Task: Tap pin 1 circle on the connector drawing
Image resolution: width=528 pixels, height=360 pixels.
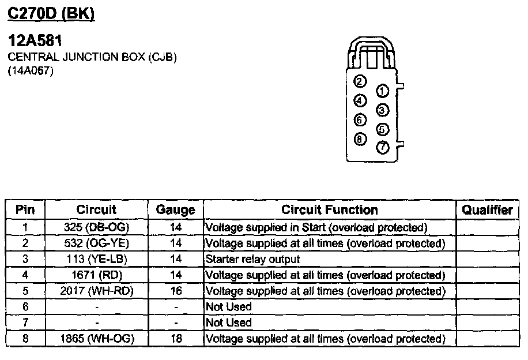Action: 382,91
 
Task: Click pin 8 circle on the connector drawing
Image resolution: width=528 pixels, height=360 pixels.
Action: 360,138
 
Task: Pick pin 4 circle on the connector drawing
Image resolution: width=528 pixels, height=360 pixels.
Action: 360,100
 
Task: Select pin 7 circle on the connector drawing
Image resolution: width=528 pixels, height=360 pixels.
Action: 382,148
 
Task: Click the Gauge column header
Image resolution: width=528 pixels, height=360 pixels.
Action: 176,210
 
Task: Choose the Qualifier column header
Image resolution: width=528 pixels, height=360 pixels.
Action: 487,210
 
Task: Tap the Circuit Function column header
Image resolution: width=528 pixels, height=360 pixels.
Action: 330,210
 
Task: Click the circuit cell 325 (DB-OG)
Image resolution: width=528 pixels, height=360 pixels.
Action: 97,227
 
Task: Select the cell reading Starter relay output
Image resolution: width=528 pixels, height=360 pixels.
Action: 252,259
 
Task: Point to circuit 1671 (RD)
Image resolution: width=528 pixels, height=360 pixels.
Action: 97,275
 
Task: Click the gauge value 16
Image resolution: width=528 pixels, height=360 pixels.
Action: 176,291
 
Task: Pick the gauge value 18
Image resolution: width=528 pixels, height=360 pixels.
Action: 176,339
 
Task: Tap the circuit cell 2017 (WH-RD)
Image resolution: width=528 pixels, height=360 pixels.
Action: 97,291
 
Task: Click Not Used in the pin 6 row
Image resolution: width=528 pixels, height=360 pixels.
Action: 229,307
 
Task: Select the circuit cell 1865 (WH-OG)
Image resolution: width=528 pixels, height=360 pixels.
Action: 97,339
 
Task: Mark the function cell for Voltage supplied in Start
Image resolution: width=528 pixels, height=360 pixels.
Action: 316,227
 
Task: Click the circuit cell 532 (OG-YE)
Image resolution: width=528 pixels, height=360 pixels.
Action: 97,243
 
